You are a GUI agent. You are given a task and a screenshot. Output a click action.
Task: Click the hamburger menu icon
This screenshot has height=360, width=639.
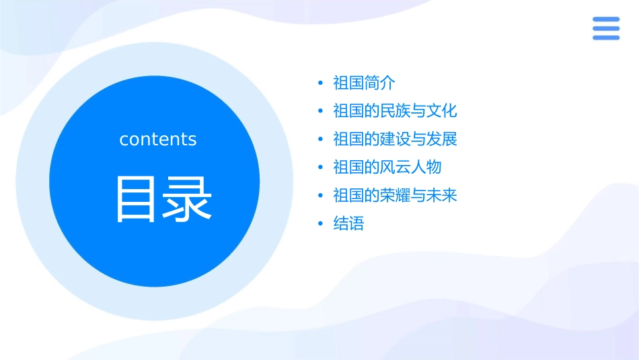(x=605, y=28)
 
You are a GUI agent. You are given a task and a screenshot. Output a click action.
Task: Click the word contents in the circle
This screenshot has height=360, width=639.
(x=158, y=139)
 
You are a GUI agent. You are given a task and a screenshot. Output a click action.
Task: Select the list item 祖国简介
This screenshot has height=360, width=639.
(x=364, y=83)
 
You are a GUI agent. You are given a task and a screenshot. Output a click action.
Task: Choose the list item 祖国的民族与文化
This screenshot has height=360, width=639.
(x=395, y=111)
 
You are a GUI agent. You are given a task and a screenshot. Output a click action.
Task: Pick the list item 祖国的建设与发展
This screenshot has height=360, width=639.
(x=395, y=139)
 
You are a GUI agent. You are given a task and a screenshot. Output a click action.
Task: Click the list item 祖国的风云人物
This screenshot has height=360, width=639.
(x=387, y=167)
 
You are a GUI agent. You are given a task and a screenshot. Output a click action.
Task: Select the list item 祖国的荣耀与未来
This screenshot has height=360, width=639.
(x=395, y=195)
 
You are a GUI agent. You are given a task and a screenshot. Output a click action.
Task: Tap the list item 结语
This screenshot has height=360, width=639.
(x=348, y=223)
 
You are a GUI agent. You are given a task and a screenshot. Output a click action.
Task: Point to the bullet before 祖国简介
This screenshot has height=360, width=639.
(x=320, y=83)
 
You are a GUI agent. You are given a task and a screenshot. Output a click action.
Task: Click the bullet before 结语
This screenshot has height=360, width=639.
(x=320, y=224)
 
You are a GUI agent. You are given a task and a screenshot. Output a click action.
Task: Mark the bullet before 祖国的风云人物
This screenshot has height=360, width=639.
(x=320, y=168)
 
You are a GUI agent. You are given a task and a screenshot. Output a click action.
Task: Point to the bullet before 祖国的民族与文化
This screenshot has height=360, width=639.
(x=320, y=112)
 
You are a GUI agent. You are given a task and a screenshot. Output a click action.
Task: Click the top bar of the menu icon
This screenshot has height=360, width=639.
(x=605, y=20)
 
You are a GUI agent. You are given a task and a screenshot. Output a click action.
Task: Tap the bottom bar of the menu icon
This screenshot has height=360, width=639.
(x=605, y=38)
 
